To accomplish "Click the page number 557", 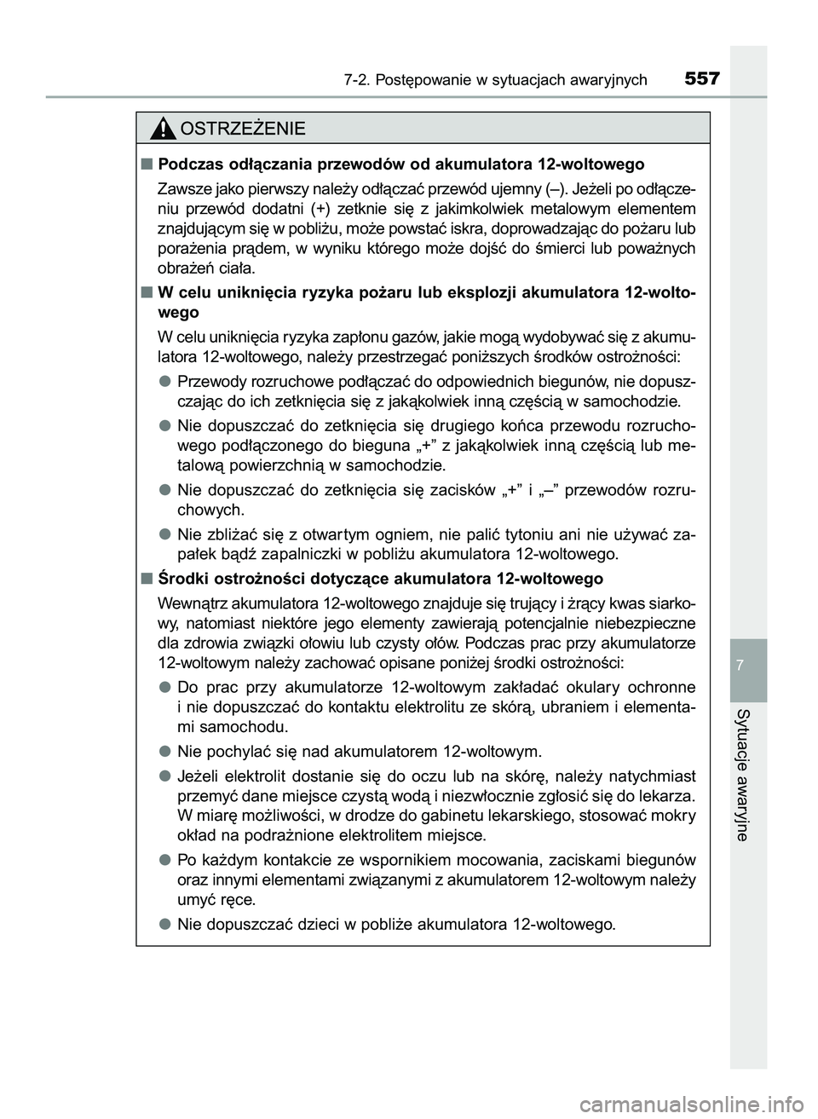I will click(x=701, y=79).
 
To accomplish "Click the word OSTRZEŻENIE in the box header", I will click(x=243, y=130).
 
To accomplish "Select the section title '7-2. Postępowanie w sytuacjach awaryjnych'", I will click(x=496, y=81).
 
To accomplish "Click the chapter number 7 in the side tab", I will click(x=747, y=664).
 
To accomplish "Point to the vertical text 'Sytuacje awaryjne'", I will click(x=747, y=774).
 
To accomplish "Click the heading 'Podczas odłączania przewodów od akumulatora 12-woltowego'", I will click(x=401, y=164).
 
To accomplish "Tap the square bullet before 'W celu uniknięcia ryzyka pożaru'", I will click(x=148, y=293).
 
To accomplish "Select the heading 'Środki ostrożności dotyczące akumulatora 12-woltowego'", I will click(x=381, y=579).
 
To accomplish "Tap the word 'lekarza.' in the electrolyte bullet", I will click(x=667, y=796).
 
